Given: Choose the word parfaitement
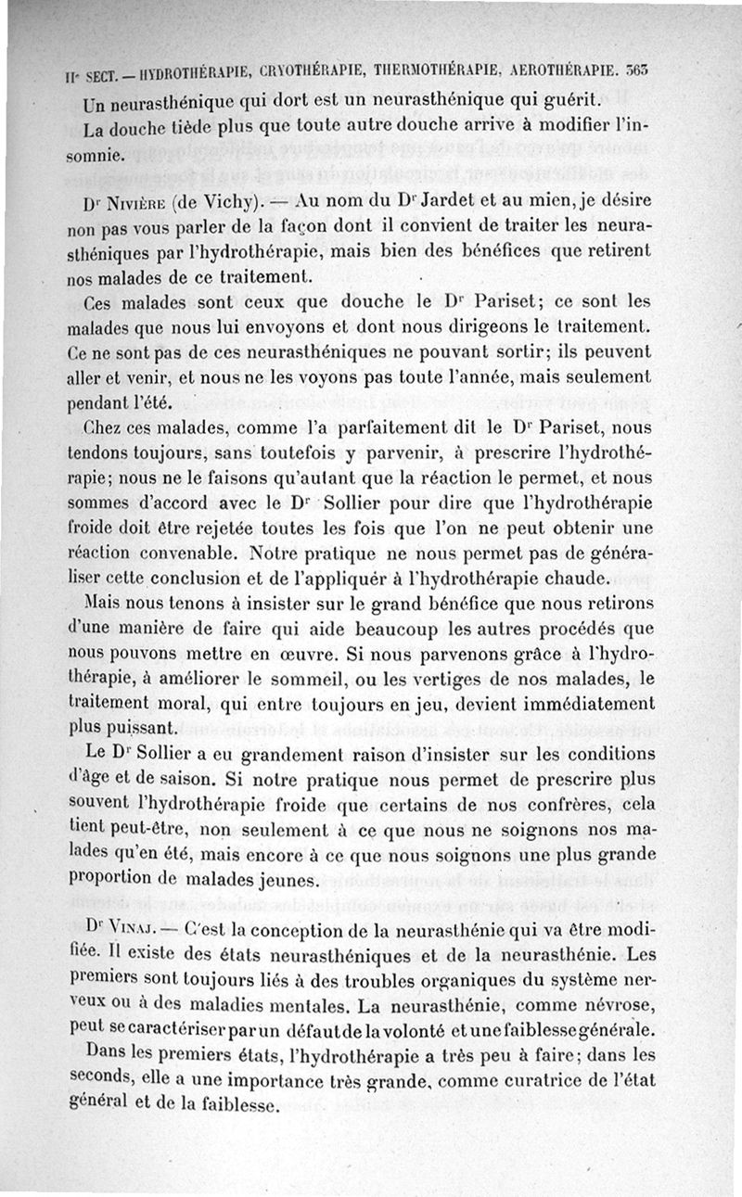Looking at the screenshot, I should (408, 430).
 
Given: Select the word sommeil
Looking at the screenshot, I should (324, 679).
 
